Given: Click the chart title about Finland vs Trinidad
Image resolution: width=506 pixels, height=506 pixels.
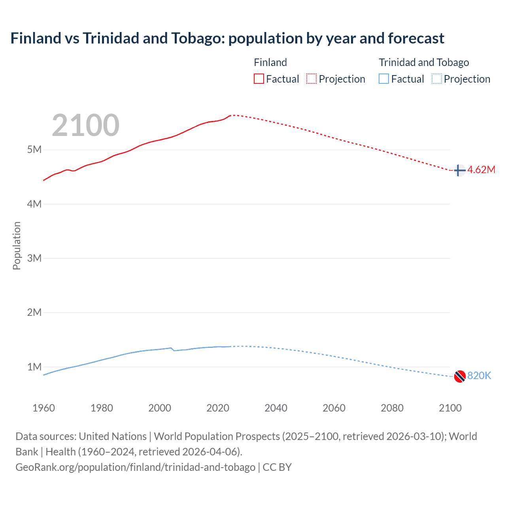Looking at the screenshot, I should tap(227, 38).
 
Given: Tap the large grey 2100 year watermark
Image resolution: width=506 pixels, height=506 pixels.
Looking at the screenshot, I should tap(85, 125).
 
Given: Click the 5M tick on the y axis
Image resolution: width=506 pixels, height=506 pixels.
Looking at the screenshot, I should tap(34, 150).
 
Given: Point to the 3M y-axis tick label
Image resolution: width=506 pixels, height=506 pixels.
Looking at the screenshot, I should tap(34, 259).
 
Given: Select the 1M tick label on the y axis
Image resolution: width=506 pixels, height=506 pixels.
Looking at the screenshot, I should tap(34, 367).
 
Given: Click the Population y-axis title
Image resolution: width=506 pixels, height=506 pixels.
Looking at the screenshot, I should tap(17, 245).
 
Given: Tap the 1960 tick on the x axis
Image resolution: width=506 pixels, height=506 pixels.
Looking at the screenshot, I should tap(43, 408).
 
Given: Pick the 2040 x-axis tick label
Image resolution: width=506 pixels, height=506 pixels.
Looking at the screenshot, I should tap(276, 408).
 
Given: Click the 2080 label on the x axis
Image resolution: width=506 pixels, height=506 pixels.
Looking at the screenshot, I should tap(392, 408).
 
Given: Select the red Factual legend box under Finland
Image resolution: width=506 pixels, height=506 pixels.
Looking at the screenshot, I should tap(259, 79).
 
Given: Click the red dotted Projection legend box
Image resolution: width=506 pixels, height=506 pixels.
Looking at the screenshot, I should tap(312, 79).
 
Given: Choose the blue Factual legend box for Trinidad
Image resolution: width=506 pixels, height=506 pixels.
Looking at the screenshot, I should tap(384, 79).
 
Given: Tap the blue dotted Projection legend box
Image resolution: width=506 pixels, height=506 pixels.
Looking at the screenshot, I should tap(437, 79).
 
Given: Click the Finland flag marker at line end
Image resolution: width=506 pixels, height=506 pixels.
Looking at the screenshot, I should tap(459, 170).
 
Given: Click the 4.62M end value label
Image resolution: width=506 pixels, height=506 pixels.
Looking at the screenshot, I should tap(481, 170).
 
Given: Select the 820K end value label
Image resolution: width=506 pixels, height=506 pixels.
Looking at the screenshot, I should tap(479, 376).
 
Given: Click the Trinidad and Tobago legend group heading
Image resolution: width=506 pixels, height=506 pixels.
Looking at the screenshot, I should tap(424, 62).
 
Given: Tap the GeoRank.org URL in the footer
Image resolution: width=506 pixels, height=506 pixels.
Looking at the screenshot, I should tap(135, 467).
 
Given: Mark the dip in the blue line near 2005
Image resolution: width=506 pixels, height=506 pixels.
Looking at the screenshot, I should tap(174, 350).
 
